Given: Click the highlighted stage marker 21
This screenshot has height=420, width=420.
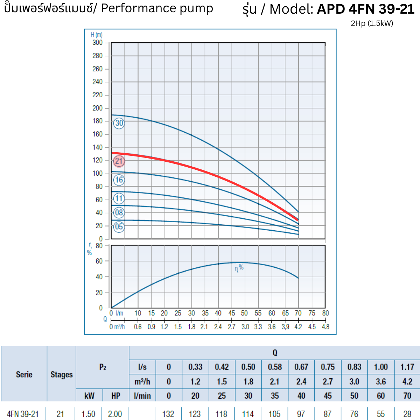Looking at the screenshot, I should [x=119, y=161].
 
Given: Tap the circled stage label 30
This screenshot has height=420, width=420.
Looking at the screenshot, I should [x=119, y=123].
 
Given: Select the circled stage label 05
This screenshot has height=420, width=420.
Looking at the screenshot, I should [x=119, y=227].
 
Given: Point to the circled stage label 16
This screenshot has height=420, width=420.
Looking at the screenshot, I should [x=119, y=180].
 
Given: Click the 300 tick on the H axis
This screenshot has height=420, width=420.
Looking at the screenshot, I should [x=98, y=43].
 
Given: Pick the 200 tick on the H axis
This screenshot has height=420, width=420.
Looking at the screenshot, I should [x=98, y=108].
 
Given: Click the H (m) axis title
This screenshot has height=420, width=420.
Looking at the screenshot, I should [x=97, y=35].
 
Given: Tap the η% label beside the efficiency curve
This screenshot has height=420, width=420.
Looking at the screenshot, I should [x=239, y=268].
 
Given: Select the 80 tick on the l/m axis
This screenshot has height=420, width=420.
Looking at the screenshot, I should [x=325, y=313].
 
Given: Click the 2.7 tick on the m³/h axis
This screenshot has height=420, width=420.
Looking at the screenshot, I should [x=232, y=327].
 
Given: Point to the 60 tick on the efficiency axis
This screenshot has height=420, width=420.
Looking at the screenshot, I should [x=99, y=261].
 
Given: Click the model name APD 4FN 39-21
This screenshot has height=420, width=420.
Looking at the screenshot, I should [x=366, y=9].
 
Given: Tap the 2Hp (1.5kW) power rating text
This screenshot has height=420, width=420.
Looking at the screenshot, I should [x=372, y=23].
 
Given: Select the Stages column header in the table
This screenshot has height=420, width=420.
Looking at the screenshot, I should [x=62, y=374].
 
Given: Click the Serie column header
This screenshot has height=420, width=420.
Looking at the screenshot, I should [x=24, y=374].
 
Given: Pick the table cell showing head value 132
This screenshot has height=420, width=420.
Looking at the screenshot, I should [x=168, y=414].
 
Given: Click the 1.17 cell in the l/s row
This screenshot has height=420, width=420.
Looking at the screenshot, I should [x=407, y=367].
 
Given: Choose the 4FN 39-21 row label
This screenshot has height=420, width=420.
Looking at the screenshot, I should [x=23, y=414].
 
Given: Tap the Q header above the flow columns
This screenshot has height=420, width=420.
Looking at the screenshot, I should [x=275, y=353].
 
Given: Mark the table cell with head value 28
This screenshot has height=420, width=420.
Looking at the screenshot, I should [x=407, y=414].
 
